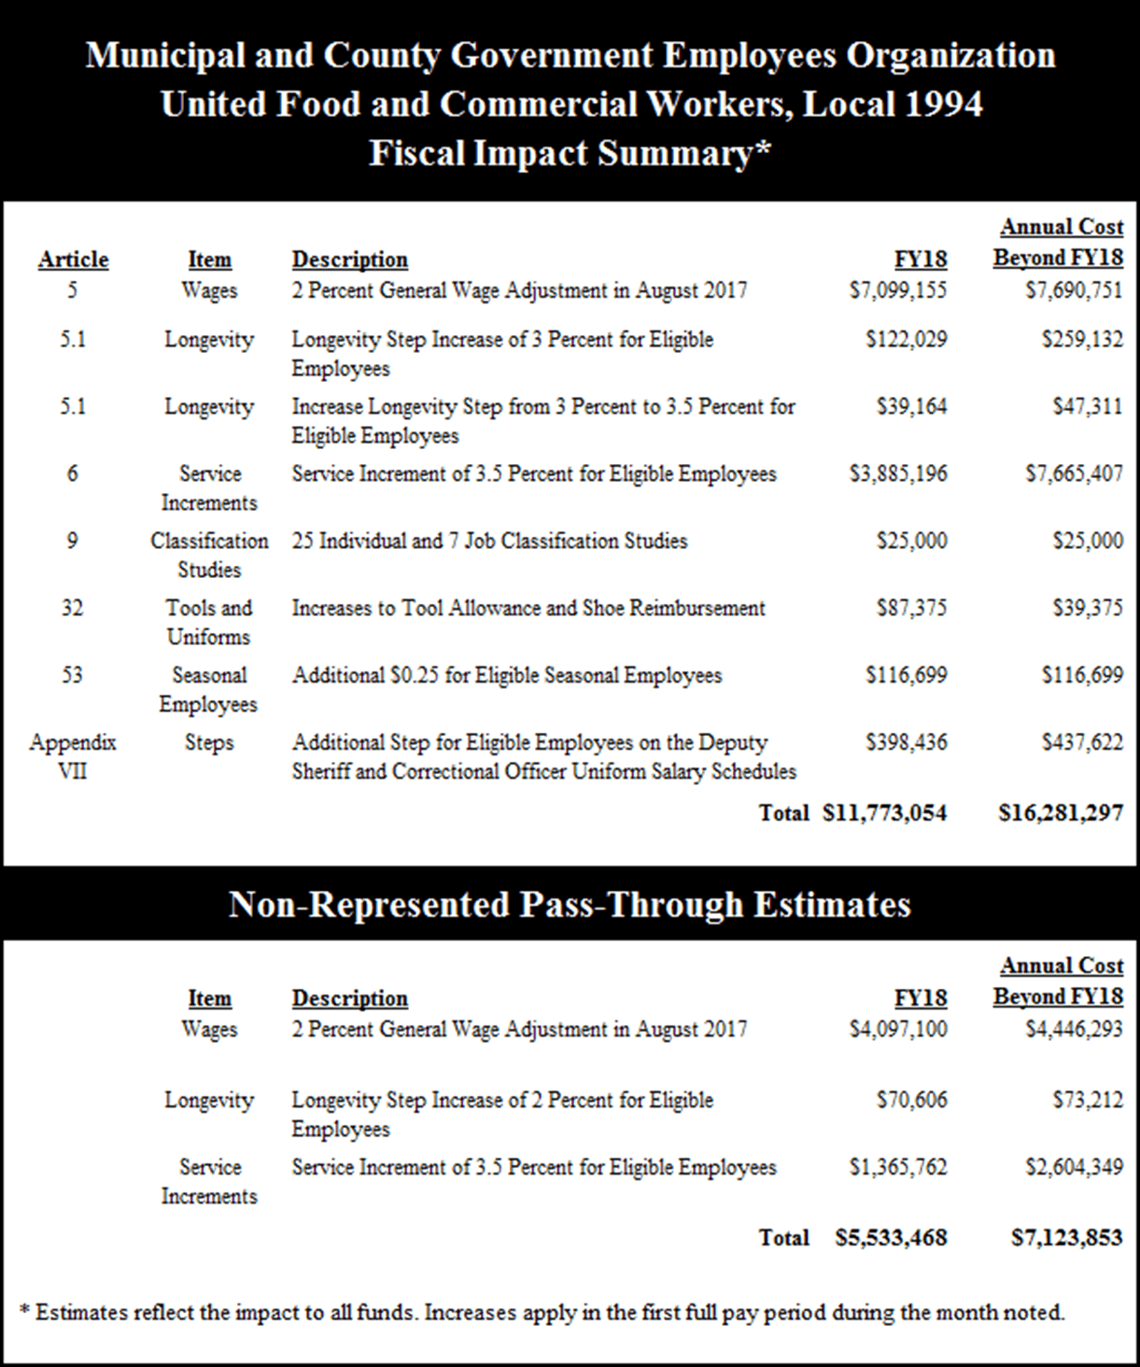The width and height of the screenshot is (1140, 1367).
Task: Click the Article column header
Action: (x=73, y=260)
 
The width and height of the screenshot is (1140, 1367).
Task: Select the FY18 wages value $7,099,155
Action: (x=897, y=290)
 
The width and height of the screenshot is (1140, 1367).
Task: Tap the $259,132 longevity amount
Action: (x=1082, y=339)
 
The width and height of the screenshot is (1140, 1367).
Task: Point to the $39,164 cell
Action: (x=911, y=406)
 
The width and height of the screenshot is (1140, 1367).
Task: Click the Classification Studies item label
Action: (x=209, y=555)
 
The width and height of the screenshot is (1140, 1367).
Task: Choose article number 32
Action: (x=73, y=608)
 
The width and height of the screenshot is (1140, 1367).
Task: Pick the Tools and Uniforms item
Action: (x=209, y=622)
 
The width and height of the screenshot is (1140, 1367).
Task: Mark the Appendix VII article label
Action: (x=73, y=756)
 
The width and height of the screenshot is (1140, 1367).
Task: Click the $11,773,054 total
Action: (x=884, y=813)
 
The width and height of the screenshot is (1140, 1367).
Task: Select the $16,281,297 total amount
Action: (x=1061, y=813)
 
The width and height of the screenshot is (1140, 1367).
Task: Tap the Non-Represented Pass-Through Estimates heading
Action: (x=570, y=904)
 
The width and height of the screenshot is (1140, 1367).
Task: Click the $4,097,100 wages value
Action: (x=897, y=1029)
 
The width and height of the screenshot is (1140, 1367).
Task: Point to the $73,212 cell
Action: (x=1088, y=1100)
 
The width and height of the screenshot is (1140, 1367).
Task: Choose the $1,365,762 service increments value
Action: (x=897, y=1167)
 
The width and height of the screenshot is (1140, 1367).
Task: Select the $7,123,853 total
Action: (x=1066, y=1238)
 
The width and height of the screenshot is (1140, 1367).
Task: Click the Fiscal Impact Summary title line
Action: (x=570, y=153)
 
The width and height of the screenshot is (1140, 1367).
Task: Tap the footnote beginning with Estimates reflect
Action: (x=542, y=1313)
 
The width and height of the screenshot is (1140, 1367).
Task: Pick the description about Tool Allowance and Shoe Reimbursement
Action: (x=528, y=608)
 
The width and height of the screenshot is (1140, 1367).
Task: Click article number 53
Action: (x=73, y=675)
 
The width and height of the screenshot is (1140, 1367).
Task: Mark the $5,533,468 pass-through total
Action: (x=891, y=1238)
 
